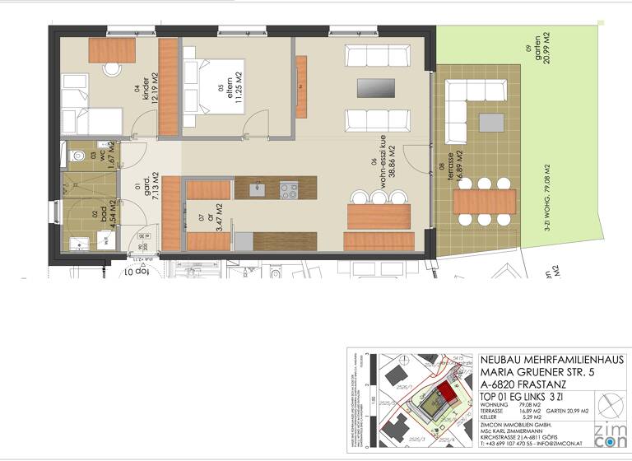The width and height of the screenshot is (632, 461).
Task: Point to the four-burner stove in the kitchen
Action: [x=289, y=190]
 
